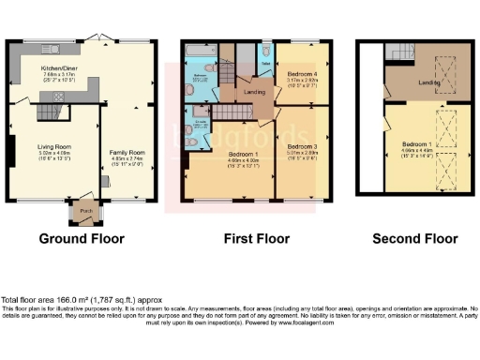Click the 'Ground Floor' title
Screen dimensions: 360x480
pyautogui.click(x=82, y=239)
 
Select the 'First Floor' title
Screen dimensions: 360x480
pyautogui.click(x=254, y=239)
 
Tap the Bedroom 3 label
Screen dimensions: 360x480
pyautogui.click(x=301, y=147)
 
